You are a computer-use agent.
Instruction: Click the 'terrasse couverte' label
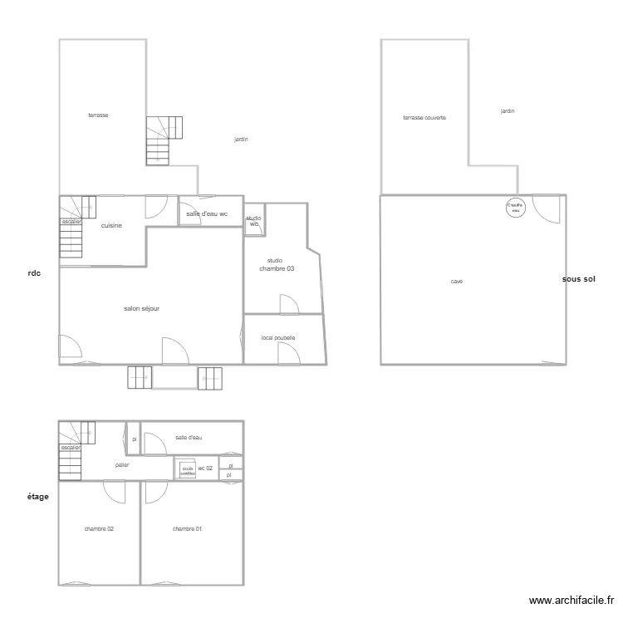[x=424, y=118]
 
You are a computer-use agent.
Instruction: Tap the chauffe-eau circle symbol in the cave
[x=516, y=208]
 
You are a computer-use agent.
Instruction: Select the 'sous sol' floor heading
[x=578, y=279]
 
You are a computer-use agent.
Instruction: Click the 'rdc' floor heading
[x=34, y=273]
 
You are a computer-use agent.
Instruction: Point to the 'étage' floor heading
[x=38, y=497]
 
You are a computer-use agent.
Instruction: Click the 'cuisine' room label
[x=112, y=225]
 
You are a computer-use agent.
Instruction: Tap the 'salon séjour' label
[x=141, y=308]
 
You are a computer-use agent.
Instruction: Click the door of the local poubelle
[x=287, y=353]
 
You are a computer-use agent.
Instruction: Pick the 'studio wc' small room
[x=253, y=221]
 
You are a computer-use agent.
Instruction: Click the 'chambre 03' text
[x=277, y=268]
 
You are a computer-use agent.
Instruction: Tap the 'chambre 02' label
[x=99, y=529]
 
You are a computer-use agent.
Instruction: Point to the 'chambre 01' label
[x=187, y=529]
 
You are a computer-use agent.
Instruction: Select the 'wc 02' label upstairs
[x=205, y=468]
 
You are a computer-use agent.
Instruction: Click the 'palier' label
[x=122, y=465]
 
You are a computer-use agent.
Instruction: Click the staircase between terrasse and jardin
[x=164, y=140]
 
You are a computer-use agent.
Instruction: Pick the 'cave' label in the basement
[x=457, y=282]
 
